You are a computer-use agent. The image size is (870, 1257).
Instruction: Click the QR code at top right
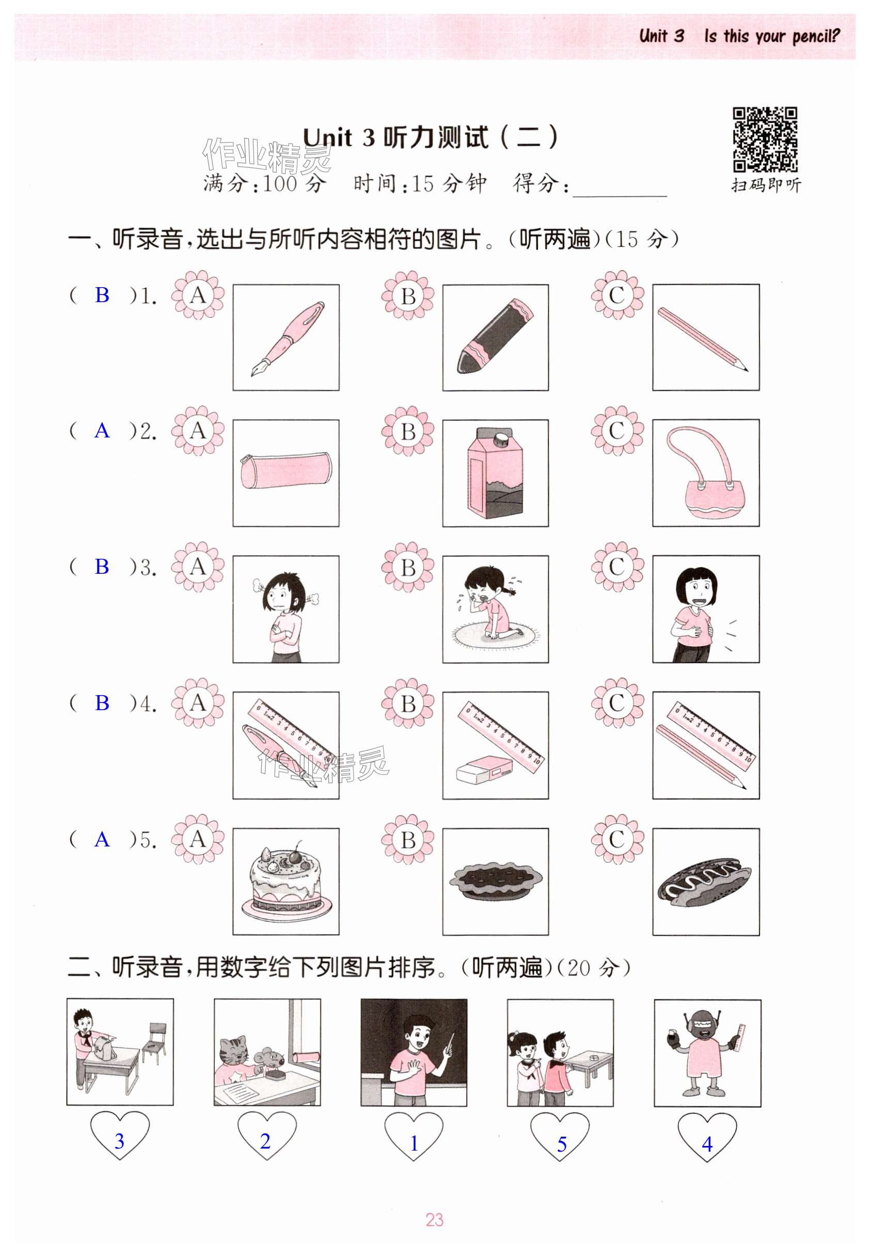point(765,139)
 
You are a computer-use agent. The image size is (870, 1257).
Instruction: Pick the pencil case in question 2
point(286,470)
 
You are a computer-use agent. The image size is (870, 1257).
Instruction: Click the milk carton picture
point(495,472)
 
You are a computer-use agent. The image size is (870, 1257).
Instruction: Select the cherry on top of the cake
point(297,856)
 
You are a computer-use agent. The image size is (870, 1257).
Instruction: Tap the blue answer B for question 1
point(102,295)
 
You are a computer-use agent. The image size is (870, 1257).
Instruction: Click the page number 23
point(434,1219)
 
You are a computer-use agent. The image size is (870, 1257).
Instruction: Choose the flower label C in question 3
point(617,567)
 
